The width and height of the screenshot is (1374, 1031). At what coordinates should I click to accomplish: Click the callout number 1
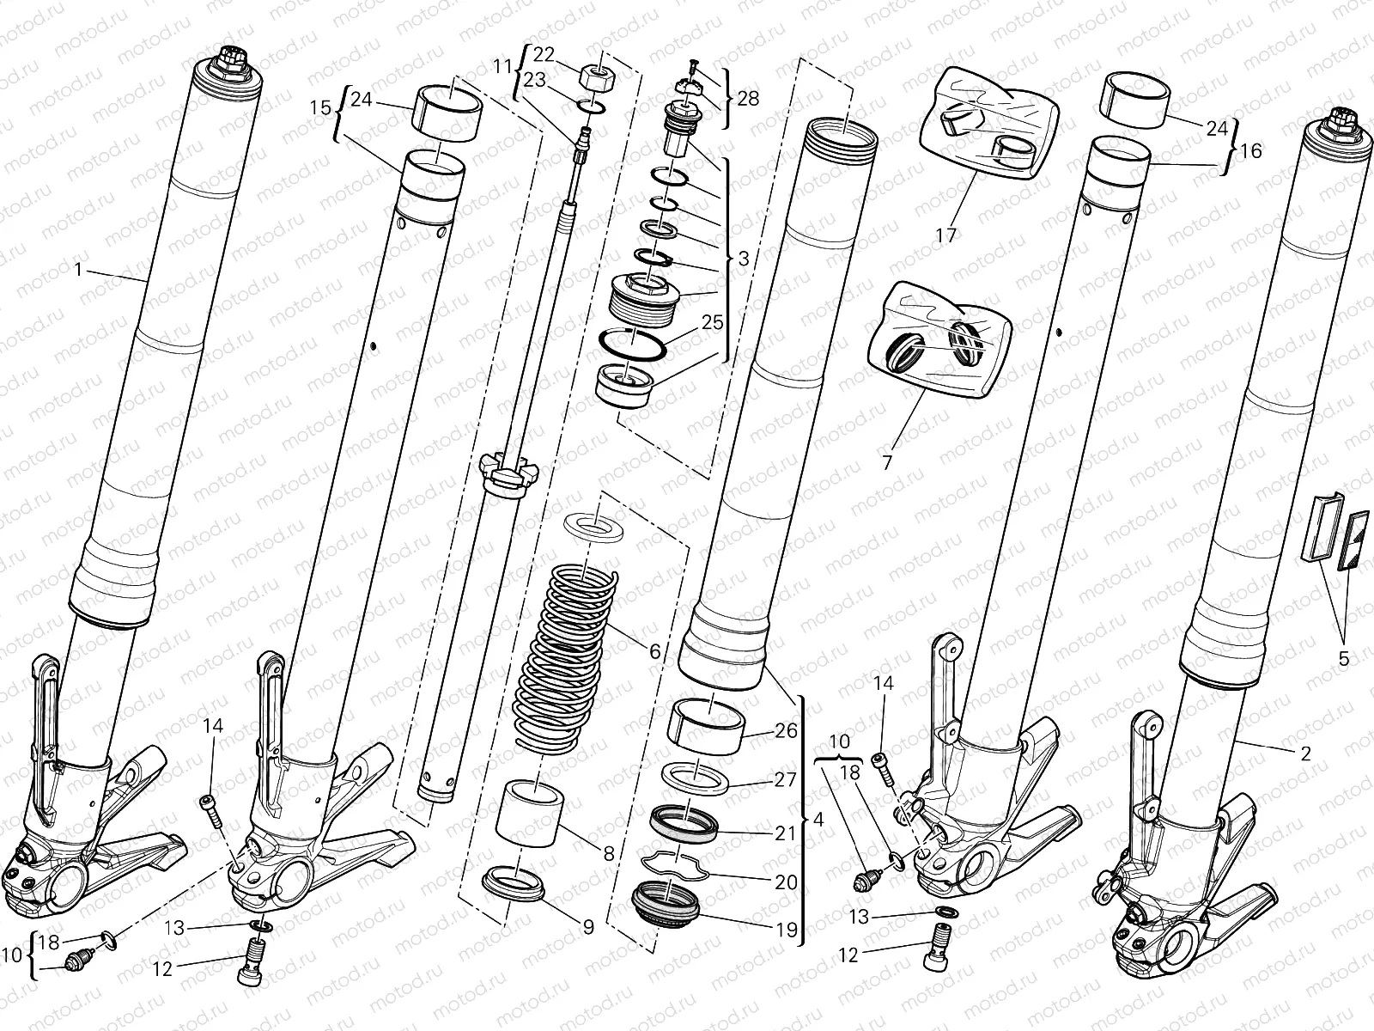coord(78,270)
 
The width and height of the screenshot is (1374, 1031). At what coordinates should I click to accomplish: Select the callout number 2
coord(1306,754)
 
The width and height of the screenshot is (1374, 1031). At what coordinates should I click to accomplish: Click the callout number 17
coord(945,235)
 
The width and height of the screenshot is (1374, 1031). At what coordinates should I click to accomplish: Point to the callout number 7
coord(887,462)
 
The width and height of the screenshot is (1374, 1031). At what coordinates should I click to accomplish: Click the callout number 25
coord(711,323)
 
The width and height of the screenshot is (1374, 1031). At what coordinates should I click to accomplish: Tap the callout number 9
coord(588,927)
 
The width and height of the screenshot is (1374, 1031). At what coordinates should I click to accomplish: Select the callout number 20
coord(786,882)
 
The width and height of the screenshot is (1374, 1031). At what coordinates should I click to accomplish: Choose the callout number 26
coord(786,730)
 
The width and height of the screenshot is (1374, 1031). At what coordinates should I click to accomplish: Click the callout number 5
coord(1344,660)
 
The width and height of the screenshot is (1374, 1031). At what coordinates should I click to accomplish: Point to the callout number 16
coord(1251,151)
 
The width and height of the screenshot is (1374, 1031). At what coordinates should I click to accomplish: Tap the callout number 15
coord(319,108)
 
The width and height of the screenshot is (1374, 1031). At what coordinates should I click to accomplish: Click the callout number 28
coord(748,98)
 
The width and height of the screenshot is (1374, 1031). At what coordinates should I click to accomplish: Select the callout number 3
coord(744,258)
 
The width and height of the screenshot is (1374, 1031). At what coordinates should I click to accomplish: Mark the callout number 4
coord(818,820)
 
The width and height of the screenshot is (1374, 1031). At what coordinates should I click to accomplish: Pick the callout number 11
coord(502,65)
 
